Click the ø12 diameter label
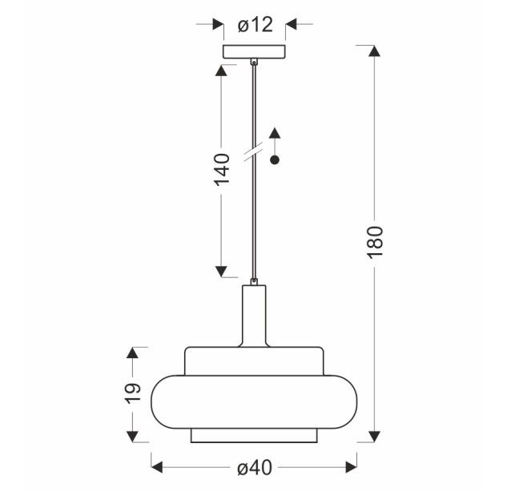[x=256, y=25]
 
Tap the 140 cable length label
[x=222, y=170]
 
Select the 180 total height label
[x=375, y=242]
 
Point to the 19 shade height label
[x=133, y=393]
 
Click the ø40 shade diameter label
[x=255, y=468]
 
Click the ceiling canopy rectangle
[x=255, y=52]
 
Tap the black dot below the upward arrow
[x=275, y=159]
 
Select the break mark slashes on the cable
[x=253, y=151]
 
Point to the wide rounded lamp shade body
[x=255, y=402]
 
